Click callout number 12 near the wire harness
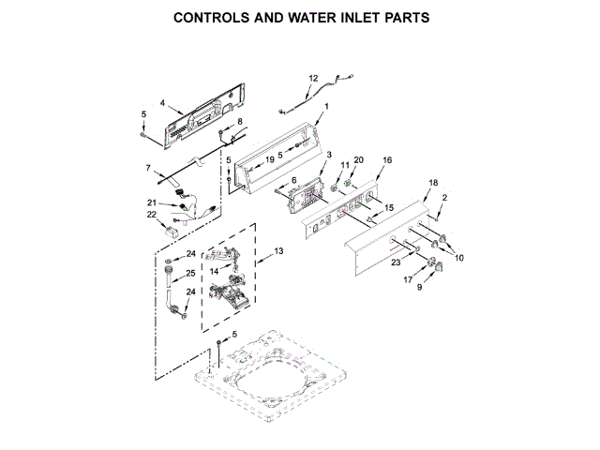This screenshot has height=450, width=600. (x=314, y=79)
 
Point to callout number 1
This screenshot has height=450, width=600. (x=325, y=108)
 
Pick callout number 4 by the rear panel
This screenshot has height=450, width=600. (x=162, y=103)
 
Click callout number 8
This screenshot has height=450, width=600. (x=239, y=123)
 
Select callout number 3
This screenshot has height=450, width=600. (x=329, y=155)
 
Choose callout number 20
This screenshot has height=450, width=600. (x=358, y=160)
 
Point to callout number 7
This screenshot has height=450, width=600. (x=147, y=169)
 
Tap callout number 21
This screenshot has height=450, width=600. (x=152, y=202)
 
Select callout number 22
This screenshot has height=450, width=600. (x=151, y=215)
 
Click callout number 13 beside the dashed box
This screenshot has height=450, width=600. (x=277, y=251)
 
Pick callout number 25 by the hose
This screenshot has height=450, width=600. (x=190, y=274)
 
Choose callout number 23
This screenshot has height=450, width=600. (x=395, y=264)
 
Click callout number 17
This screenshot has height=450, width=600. (x=408, y=279)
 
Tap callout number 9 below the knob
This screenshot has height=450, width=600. (x=418, y=288)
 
